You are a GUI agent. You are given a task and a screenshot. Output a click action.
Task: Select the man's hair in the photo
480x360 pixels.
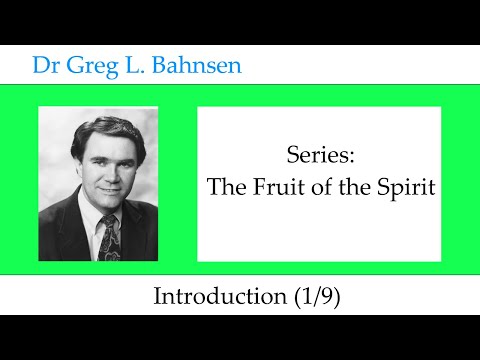[x=107, y=128]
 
